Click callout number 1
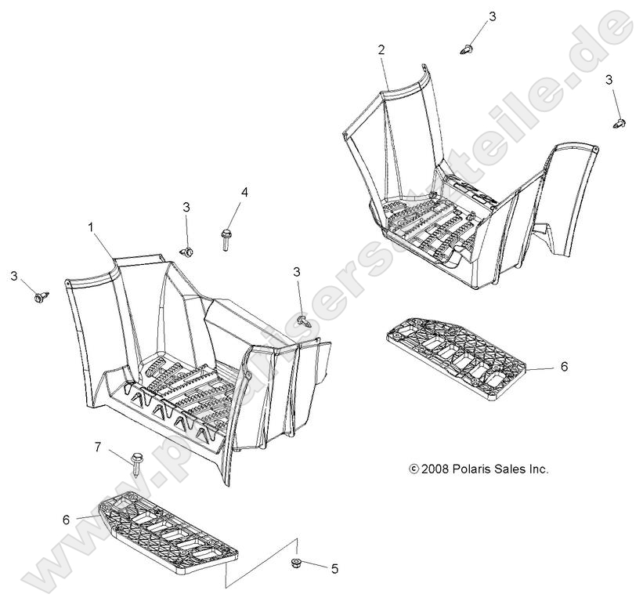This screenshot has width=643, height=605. tap(91, 226)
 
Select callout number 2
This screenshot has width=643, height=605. tap(381, 50)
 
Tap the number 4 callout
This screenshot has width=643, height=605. tap(244, 192)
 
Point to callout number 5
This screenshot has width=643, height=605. tap(335, 569)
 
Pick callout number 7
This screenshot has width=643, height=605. tap(98, 447)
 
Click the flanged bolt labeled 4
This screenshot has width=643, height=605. tap(226, 240)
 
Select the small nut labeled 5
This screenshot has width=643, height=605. tap(294, 563)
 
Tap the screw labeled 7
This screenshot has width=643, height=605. tap(136, 463)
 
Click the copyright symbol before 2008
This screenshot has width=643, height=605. tap(414, 469)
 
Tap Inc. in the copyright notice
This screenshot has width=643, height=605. tap(538, 469)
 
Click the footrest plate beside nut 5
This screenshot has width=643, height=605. tap(168, 530)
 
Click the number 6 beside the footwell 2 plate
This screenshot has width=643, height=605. tap(564, 367)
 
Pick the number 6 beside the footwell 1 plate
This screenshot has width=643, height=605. tap(66, 520)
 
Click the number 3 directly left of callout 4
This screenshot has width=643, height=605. tap(186, 207)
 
